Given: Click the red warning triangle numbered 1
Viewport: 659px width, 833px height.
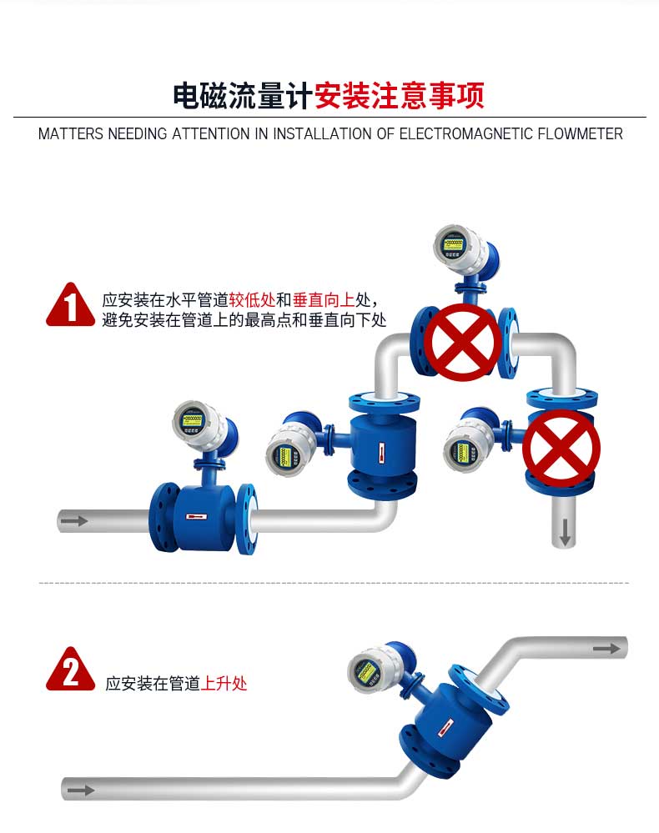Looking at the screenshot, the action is coord(70,305).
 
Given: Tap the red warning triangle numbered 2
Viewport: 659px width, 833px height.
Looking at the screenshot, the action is coord(70,670).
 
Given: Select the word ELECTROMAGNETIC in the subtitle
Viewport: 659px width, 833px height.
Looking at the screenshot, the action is coord(465,134).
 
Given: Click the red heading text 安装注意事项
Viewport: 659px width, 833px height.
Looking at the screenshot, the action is coord(399,96).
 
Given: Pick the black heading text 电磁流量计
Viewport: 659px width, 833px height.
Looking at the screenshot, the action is coord(243,96).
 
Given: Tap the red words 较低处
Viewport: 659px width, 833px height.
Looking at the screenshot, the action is coord(252,300).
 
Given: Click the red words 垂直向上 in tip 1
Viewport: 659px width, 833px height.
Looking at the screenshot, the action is coord(323,300).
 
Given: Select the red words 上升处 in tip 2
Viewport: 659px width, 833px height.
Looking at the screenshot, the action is coord(224,683).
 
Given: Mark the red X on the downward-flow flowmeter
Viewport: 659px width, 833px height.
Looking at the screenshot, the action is coord(561,449).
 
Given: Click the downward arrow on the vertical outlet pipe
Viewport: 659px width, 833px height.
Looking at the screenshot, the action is coord(565,532).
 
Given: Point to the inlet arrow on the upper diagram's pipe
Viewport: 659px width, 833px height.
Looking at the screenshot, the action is coord(74,520).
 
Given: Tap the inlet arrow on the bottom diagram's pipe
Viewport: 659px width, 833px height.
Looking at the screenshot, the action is coord(81,790).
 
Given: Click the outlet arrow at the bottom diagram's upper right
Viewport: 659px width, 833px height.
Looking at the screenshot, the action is coord(606,649).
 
